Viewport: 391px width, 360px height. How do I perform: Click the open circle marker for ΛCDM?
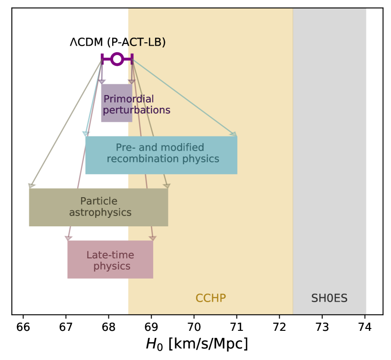(x=117, y=59)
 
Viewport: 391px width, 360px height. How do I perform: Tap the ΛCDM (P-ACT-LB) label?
(x=118, y=42)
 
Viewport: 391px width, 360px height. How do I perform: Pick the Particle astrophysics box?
(x=98, y=207)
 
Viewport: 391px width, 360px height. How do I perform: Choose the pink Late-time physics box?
(x=110, y=259)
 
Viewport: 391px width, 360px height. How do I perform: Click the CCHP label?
(x=211, y=298)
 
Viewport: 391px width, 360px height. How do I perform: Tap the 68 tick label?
(x=108, y=327)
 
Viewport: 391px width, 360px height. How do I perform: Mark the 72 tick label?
(x=279, y=327)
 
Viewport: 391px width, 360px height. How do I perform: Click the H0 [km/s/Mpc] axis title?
(x=196, y=344)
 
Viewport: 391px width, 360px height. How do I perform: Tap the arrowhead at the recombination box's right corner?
(x=233, y=135)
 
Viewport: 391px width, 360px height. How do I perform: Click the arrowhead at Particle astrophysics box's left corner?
(x=31, y=186)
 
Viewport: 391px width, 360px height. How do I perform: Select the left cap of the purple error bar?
(x=102, y=59)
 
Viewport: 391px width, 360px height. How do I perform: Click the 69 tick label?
(x=151, y=327)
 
